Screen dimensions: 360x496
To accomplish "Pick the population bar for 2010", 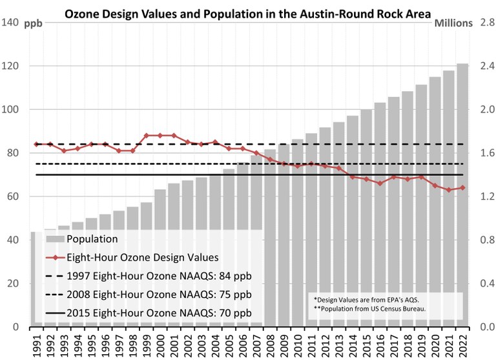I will pos(297,233).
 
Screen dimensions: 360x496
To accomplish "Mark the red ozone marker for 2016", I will pos(380,184).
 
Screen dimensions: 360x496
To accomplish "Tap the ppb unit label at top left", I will pos(34,24).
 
